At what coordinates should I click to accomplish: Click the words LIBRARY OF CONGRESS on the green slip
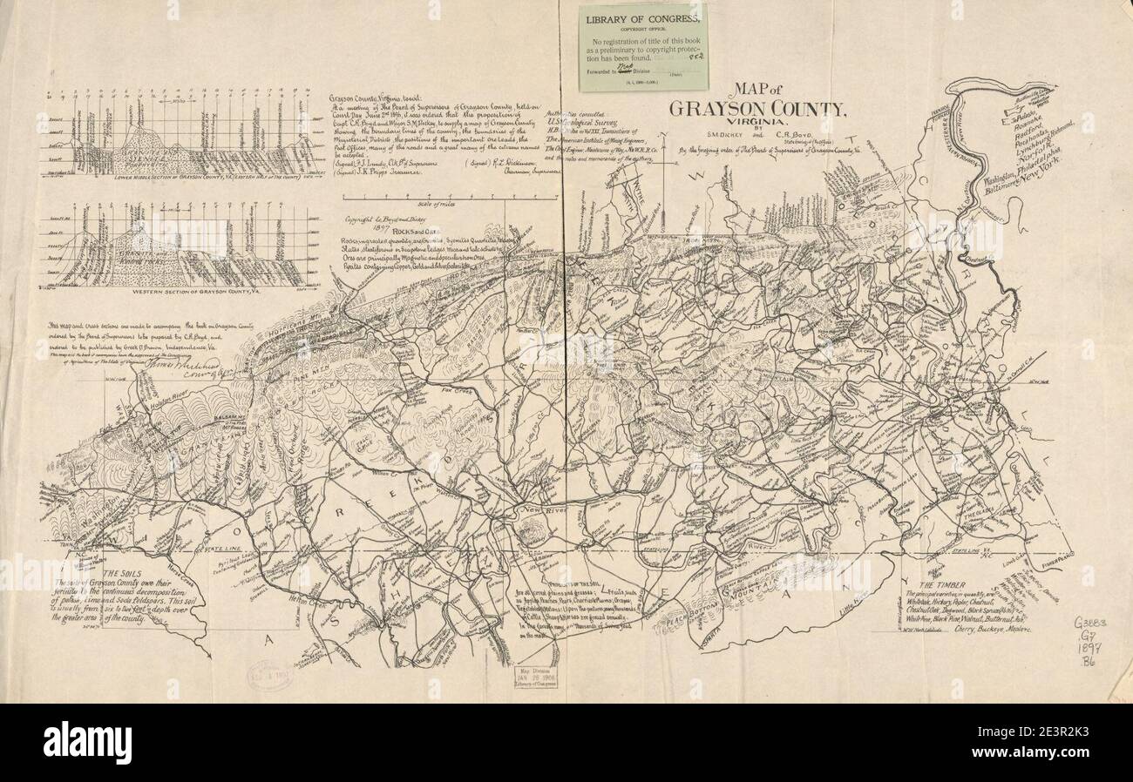pyautogui.click(x=643, y=19)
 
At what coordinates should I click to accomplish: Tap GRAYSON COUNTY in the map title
pyautogui.click(x=757, y=108)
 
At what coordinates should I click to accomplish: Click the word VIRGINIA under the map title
pyautogui.click(x=757, y=123)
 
